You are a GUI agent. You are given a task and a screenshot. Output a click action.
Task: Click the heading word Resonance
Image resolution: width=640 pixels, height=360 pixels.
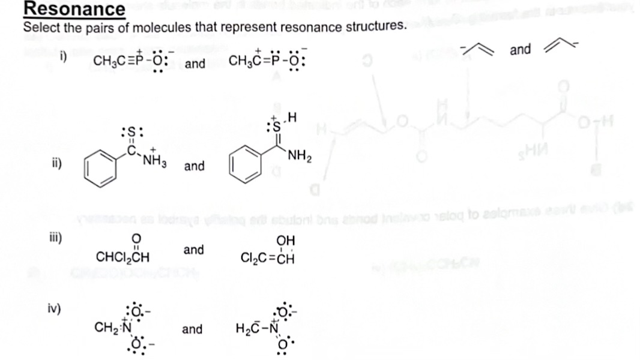(x=74, y=9)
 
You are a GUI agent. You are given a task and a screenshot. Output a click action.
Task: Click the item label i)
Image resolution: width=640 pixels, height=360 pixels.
(x=62, y=57)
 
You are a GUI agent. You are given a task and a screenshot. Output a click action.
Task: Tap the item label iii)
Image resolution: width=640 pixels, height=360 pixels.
(x=55, y=235)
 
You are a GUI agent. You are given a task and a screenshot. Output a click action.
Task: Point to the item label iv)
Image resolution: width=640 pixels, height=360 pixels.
(x=55, y=308)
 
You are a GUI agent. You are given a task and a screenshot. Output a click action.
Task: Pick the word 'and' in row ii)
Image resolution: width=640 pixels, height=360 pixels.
(x=194, y=165)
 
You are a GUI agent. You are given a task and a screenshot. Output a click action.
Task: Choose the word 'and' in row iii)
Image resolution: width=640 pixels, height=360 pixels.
(x=193, y=249)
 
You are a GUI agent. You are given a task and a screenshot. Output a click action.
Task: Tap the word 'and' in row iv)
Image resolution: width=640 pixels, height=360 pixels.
(x=192, y=329)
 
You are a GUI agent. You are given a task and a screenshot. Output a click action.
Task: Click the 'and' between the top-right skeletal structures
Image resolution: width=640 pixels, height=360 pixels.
(x=519, y=50)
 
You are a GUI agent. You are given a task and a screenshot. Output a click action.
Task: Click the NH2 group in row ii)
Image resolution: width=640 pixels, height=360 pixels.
(x=298, y=158)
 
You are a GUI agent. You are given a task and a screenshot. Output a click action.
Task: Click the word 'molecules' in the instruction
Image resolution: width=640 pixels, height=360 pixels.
(x=196, y=28)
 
